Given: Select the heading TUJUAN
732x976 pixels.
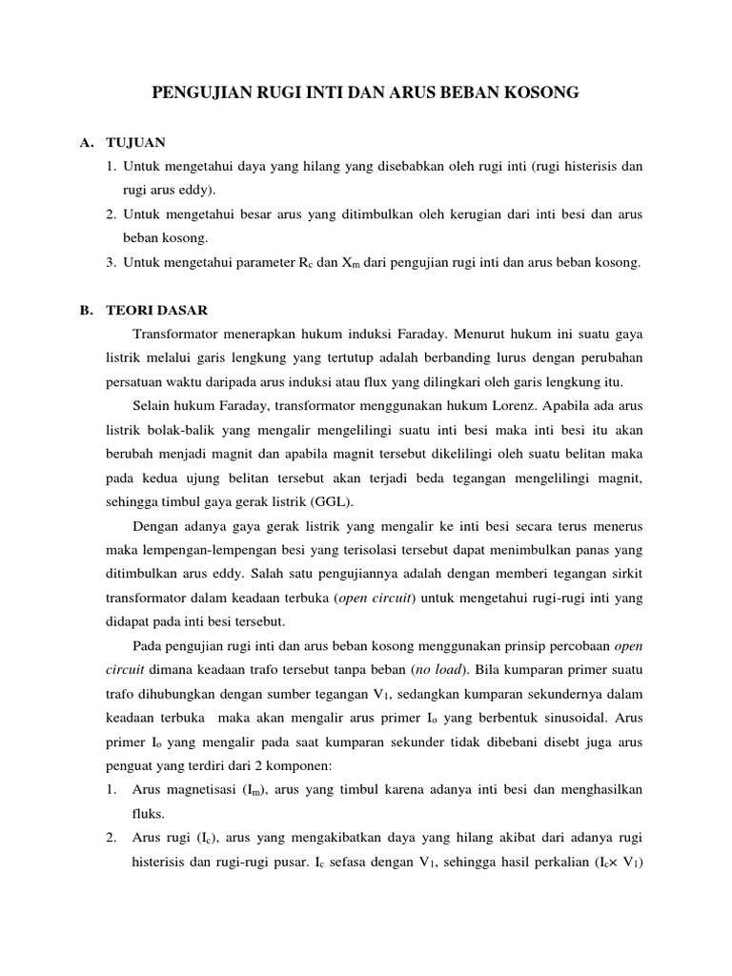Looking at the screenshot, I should pos(135,142).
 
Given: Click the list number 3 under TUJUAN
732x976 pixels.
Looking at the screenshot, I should pos(112,262).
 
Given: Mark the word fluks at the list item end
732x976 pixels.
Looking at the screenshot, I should pos(147,814).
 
